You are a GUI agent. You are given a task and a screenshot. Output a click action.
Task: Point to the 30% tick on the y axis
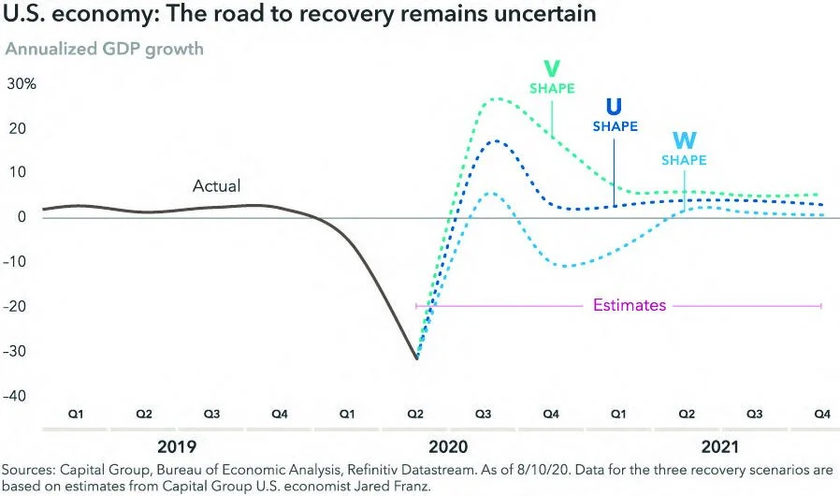coord(22,83)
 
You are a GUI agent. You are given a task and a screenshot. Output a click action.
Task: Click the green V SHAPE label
coord(551,78)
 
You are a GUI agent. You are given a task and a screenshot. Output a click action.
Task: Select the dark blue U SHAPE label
coord(615,115)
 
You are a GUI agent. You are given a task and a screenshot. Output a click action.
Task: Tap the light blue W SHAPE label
coord(684,150)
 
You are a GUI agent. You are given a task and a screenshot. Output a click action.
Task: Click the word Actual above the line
coord(216,186)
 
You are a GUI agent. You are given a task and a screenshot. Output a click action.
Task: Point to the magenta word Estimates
coord(630,305)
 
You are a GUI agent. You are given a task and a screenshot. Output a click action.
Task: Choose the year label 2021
coord(722,446)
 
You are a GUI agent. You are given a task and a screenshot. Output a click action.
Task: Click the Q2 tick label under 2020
coord(417,413)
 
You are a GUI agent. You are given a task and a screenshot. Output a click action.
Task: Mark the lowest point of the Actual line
coord(416,357)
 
